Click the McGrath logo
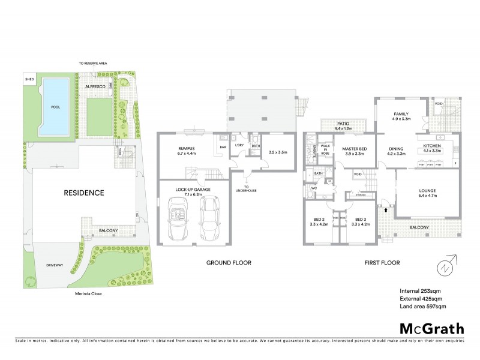tap(432, 328)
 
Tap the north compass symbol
tap(446, 266)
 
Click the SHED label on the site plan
tap(29, 79)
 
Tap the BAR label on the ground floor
tap(223, 146)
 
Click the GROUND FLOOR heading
tap(229, 263)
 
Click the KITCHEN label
tap(433, 145)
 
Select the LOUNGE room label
tap(427, 191)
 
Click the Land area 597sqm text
tap(422, 307)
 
